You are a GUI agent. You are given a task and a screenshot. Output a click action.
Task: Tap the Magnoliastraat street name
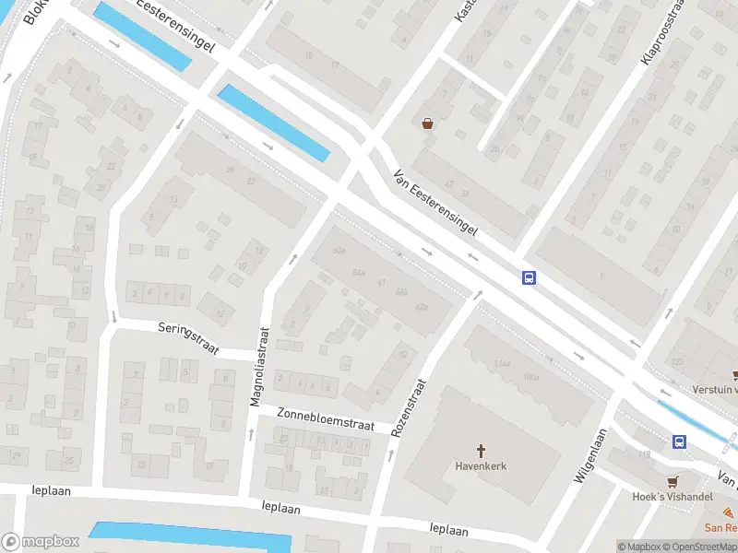pyautogui.click(x=257, y=367)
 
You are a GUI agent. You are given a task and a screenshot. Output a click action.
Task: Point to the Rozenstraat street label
pyautogui.click(x=408, y=407)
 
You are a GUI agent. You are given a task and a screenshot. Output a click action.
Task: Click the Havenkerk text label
pyautogui.click(x=481, y=466)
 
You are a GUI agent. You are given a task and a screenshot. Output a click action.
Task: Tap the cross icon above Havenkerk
pyautogui.click(x=481, y=451)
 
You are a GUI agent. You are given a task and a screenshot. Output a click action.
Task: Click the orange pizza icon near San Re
pyautogui.click(x=730, y=512)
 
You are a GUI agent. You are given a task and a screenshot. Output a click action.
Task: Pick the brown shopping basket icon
pyautogui.click(x=428, y=124)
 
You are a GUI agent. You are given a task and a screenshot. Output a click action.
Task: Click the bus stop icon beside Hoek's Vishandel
pyautogui.click(x=680, y=442)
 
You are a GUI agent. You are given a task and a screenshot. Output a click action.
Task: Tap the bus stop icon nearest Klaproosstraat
pyautogui.click(x=530, y=277)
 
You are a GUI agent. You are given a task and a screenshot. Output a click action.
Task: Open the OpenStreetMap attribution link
pyautogui.click(x=698, y=547)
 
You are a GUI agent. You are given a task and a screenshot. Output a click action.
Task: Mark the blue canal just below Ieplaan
pyautogui.click(x=189, y=535)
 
